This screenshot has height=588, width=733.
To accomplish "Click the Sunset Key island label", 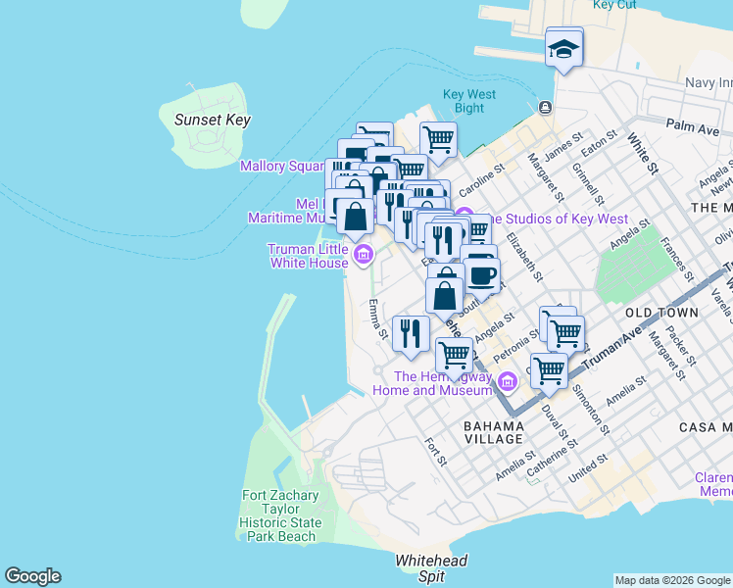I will click(x=212, y=120).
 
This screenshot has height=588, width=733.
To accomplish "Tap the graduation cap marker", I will click(x=563, y=48).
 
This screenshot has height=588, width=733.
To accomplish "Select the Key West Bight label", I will click(x=469, y=101).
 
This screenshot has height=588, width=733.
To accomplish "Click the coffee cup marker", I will click(x=481, y=274).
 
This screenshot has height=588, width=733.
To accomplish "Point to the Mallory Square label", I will click(x=282, y=166).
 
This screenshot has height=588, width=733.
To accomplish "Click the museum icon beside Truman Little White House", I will click(x=364, y=257).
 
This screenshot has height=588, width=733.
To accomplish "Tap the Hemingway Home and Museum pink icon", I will click(x=507, y=381).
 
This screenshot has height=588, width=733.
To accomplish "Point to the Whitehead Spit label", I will click(x=431, y=568).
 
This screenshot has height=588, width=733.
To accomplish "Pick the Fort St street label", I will click(x=435, y=452).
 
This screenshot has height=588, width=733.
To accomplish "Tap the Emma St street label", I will click(x=377, y=321).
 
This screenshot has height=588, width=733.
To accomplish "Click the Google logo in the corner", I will click(x=32, y=576).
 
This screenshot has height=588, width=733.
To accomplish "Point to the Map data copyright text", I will click(x=672, y=580).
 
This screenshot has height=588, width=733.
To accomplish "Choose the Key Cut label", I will click(x=615, y=5).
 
